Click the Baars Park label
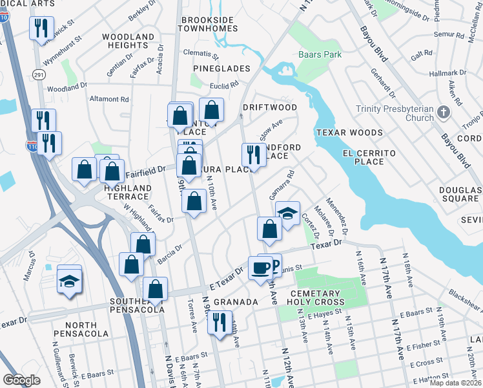pyautogui.click(x=320, y=55)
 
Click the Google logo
pyautogui.click(x=21, y=380)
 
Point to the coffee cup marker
pyautogui.click(x=261, y=267)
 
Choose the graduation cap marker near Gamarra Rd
pyautogui.click(x=287, y=213)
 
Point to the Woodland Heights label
pyautogui.click(x=128, y=42)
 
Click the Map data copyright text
pyautogui.click(x=455, y=383)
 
